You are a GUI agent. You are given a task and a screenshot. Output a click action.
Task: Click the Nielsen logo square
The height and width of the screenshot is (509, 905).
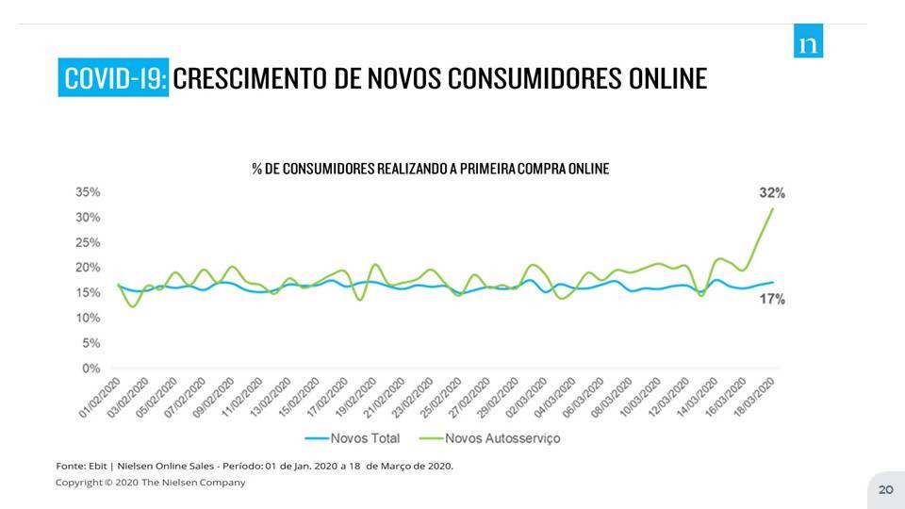click(808, 41)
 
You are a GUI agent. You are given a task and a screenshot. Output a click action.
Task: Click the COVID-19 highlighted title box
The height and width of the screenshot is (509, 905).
click(113, 77)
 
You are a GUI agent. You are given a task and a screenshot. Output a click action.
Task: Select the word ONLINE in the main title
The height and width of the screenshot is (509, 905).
click(666, 77)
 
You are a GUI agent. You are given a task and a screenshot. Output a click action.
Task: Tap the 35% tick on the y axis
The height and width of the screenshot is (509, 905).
click(89, 192)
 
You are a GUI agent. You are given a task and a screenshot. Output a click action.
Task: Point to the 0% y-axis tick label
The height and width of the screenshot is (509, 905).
click(92, 368)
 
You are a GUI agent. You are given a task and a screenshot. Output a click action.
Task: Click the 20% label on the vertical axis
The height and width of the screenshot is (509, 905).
click(89, 268)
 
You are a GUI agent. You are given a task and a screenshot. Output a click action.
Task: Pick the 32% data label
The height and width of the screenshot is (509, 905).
click(772, 192)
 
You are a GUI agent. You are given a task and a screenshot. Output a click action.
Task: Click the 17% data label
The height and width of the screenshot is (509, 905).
click(772, 299)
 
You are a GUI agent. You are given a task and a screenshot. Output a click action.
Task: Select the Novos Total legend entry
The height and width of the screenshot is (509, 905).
click(353, 438)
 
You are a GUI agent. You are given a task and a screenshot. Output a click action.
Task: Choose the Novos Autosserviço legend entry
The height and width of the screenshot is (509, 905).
click(491, 438)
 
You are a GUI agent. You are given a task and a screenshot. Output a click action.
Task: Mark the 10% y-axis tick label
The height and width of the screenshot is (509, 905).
click(89, 318)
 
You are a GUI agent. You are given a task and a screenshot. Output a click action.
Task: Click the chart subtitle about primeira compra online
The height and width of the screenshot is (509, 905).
click(430, 169)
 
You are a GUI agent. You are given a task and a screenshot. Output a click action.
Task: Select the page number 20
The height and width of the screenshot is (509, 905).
click(885, 489)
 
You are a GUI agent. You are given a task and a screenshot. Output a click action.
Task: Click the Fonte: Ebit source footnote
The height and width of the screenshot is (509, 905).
click(255, 466)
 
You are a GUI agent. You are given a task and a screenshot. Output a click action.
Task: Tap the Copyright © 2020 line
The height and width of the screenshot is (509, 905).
click(151, 483)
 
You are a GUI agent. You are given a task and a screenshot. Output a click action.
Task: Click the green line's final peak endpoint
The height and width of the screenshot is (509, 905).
click(773, 208)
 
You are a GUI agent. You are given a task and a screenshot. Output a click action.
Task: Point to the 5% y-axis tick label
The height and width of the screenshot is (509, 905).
click(92, 343)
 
